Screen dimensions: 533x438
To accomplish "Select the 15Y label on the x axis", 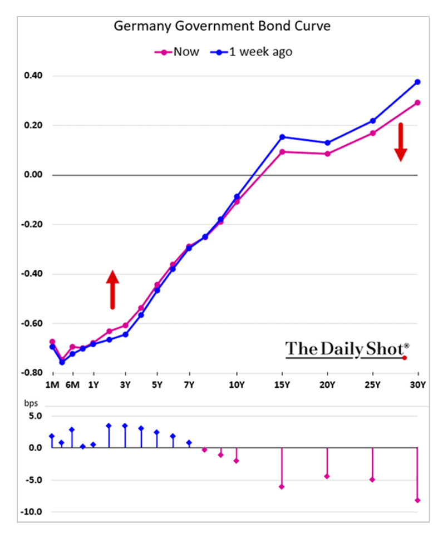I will [x=282, y=385].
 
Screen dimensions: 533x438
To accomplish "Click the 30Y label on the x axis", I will [x=417, y=385].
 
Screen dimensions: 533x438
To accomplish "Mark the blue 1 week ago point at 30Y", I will [x=417, y=82].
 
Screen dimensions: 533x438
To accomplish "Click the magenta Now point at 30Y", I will [x=417, y=103].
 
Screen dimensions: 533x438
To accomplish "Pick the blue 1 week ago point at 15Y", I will [x=282, y=137].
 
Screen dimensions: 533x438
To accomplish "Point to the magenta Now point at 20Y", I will [x=327, y=154].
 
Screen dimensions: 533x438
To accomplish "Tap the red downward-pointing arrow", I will [x=401, y=142].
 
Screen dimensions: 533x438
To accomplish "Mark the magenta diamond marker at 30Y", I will [x=417, y=500].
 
